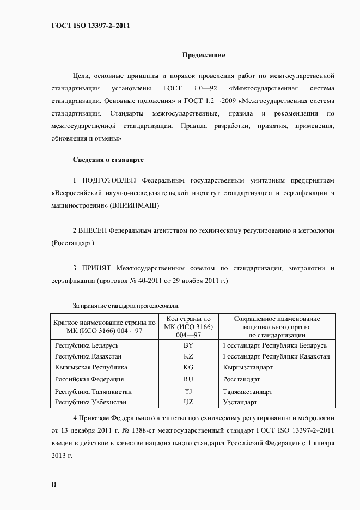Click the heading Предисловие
coord(203,56)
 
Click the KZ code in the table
coord(188,356)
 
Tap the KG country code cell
coord(188,367)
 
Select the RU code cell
coord(188,379)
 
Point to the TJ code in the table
coord(188,392)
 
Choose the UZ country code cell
coord(188,402)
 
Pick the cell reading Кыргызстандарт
coord(248,367)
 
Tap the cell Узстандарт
coord(240,402)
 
